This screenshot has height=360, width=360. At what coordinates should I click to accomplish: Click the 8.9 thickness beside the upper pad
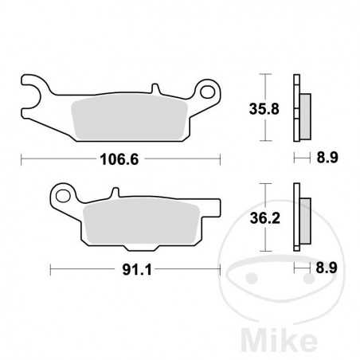tap(327, 158)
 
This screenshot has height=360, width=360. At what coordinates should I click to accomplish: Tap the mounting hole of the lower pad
tap(61, 195)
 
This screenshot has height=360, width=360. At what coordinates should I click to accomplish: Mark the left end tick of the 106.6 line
tap(21, 158)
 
